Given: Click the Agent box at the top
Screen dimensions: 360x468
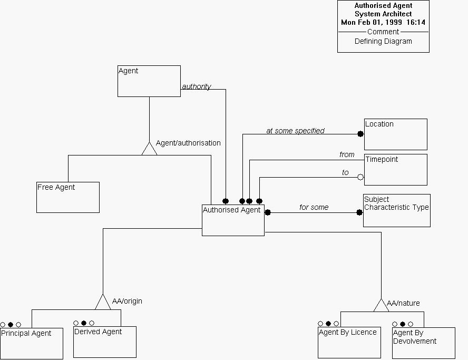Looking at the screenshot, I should coord(149,81).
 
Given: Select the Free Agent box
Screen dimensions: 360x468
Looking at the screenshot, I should coord(68,197).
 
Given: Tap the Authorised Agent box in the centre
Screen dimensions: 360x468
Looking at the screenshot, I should coord(233,220).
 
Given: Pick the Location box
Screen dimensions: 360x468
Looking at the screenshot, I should coord(395,134).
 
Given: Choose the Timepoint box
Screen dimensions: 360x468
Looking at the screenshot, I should coord(395,170).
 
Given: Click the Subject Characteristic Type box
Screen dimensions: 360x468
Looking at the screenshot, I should coord(396,210).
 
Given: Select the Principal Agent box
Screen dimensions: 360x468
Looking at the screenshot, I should coord(32,343).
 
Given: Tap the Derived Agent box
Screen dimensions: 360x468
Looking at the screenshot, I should coord(105,342).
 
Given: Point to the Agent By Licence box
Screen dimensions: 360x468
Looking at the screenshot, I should coord(349,343).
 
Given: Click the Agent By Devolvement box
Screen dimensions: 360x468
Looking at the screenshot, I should coord(423,343).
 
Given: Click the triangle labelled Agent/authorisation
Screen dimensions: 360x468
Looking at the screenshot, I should coord(150,149).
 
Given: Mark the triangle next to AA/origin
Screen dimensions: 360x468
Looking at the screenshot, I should coord(103,303).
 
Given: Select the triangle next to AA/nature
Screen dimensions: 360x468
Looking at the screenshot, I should coord(381,305).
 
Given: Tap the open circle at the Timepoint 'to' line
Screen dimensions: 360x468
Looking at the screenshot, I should coord(360,178).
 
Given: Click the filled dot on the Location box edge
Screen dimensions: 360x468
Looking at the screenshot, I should coord(361,134).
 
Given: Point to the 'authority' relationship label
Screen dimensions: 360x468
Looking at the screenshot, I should coord(197,87).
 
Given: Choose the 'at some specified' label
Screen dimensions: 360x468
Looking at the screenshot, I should coord(295,131).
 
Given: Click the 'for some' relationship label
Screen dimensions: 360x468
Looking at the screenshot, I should coord(314,208).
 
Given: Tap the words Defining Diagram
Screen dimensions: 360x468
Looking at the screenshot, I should coord(383,42).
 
